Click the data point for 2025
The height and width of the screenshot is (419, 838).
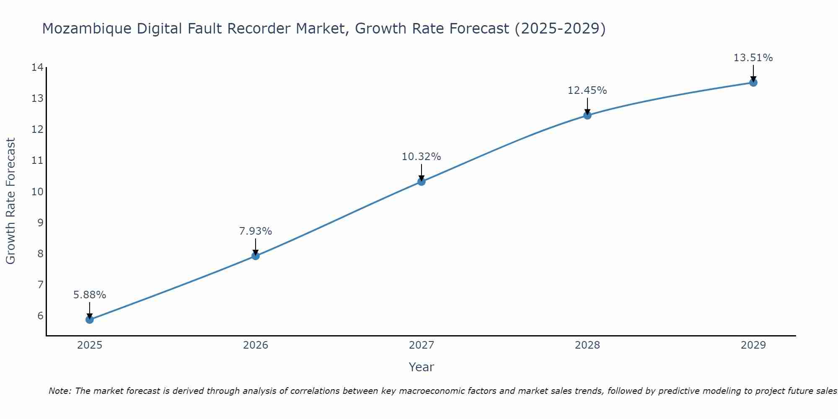[90, 320]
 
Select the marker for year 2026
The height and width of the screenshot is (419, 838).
[256, 256]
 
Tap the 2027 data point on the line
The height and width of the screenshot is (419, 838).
[422, 181]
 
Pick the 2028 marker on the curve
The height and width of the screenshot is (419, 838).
[587, 115]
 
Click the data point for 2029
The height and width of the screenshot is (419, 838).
[753, 83]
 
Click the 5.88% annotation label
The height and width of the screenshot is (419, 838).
[90, 295]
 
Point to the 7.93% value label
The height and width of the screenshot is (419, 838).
[256, 231]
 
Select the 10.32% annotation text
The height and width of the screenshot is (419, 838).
[422, 157]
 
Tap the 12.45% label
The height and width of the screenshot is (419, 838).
[587, 91]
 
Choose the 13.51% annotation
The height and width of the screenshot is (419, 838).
[753, 58]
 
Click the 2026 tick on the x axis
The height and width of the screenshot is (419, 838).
[256, 345]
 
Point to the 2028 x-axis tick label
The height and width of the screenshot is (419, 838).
[587, 345]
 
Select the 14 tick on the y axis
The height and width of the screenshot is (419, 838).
[37, 67]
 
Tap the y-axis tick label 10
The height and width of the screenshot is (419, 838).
[37, 192]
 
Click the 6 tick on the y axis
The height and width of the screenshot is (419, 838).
[40, 316]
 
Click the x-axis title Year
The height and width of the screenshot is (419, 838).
[422, 367]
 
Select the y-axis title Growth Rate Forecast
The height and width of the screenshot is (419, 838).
[10, 201]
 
